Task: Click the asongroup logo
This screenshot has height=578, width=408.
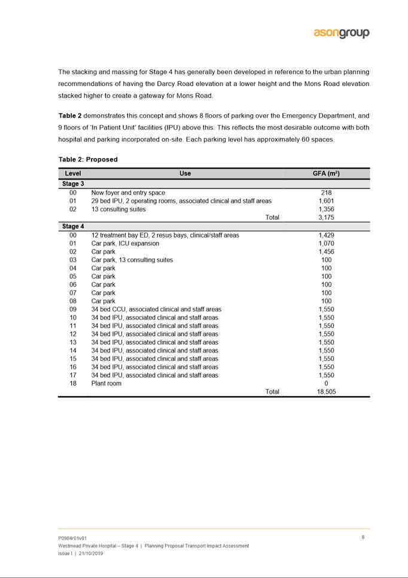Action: click(x=342, y=34)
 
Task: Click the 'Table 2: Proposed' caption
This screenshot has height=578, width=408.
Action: click(x=88, y=160)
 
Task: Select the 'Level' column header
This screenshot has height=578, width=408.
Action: click(x=73, y=174)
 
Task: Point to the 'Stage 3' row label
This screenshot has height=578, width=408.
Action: click(x=73, y=184)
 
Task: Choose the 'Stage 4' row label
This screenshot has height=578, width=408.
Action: click(x=73, y=227)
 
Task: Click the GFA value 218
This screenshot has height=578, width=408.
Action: click(x=326, y=193)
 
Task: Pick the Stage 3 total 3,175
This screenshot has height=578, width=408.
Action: click(x=326, y=218)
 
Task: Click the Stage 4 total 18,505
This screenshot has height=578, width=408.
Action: click(x=326, y=392)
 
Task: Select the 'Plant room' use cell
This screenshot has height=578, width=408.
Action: click(x=106, y=384)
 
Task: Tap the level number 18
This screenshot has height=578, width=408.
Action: click(x=73, y=384)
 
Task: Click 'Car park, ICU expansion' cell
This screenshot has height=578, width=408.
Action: click(x=125, y=244)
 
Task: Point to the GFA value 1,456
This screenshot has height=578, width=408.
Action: click(x=326, y=252)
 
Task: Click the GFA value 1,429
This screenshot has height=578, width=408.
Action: click(x=326, y=235)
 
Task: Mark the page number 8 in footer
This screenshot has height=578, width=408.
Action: click(x=363, y=537)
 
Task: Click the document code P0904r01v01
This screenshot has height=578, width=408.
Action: click(x=72, y=539)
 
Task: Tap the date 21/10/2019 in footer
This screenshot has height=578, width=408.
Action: click(x=90, y=553)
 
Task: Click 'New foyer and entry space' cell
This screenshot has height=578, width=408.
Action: click(x=128, y=193)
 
